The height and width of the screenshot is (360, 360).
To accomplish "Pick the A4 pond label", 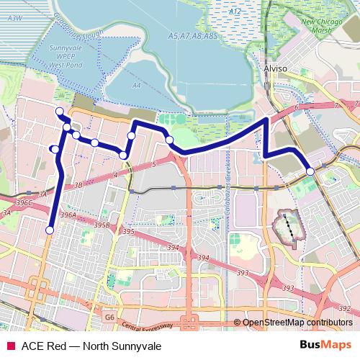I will coord(136,85).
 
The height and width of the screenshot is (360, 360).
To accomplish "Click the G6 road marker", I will coord(109,316).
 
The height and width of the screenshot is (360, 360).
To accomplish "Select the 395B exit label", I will coord(103,225).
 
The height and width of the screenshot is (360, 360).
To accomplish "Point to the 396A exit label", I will coord(69,215).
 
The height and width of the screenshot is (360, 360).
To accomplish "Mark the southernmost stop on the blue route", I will coord(50,230).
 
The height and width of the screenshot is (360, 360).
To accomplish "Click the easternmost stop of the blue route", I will coord(310,171).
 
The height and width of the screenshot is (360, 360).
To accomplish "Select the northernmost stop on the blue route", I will coord(60,110).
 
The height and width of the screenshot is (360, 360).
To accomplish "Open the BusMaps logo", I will coord(325,345).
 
